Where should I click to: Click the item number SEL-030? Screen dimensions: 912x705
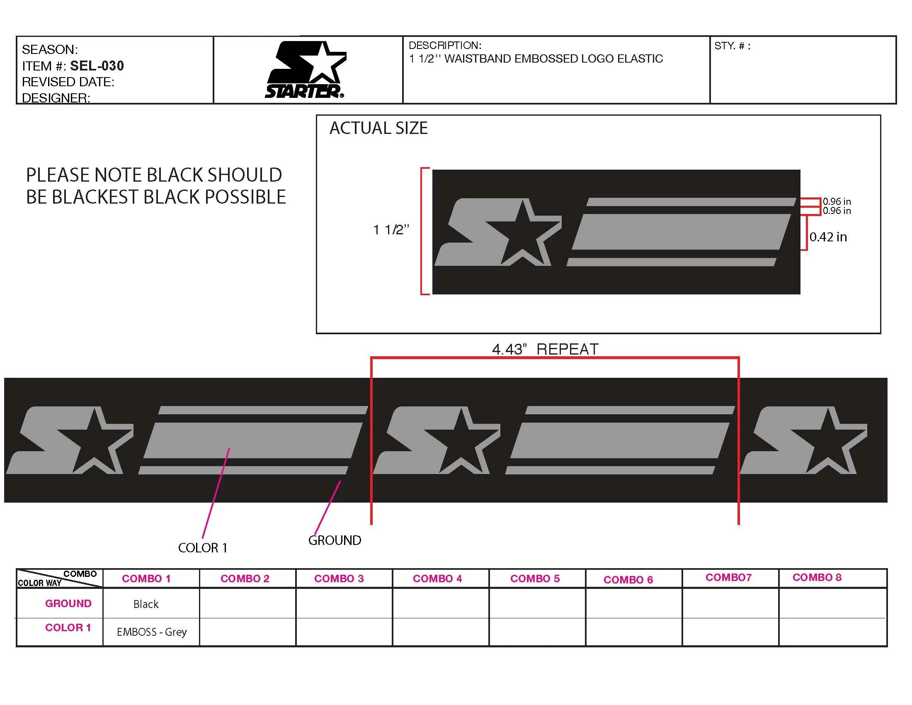97,66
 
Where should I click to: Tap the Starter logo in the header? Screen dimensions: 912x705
305,70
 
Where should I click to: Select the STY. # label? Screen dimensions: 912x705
733,46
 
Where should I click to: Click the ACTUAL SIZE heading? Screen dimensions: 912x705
378,128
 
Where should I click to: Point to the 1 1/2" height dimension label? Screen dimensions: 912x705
391,229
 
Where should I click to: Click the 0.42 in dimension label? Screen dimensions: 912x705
828,237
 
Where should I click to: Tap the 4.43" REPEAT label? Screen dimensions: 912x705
545,349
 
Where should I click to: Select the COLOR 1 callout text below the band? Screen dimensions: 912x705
203,547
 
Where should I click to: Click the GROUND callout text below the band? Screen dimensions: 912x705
335,540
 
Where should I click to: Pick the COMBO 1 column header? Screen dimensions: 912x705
146,579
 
